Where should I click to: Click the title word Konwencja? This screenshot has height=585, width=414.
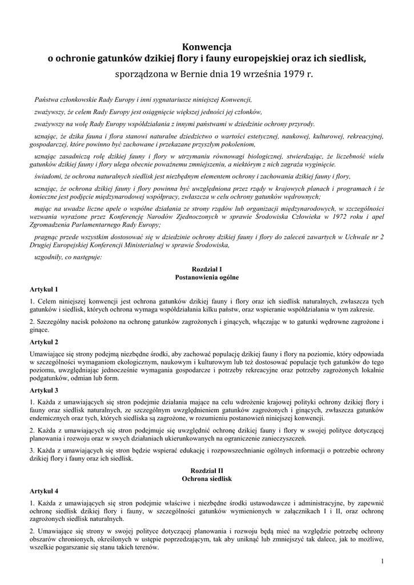pyautogui.click(x=207, y=46)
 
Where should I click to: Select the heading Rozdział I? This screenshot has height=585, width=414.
pyautogui.click(x=207, y=268)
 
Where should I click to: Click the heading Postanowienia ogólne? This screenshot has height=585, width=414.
pyautogui.click(x=207, y=277)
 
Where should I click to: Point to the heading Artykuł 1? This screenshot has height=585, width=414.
pyautogui.click(x=44, y=289)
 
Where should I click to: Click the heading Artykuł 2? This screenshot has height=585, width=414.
pyautogui.click(x=44, y=342)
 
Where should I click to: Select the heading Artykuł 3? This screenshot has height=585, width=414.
pyautogui.click(x=44, y=390)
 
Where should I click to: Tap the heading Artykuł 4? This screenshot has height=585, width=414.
pyautogui.click(x=44, y=491)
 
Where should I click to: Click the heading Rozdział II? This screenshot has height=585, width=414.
pyautogui.click(x=207, y=469)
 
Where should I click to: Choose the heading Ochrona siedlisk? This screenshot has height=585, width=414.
pyautogui.click(x=207, y=478)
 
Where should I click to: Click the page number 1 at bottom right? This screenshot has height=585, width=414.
pyautogui.click(x=381, y=562)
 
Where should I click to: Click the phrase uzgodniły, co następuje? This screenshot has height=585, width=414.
pyautogui.click(x=68, y=258)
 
